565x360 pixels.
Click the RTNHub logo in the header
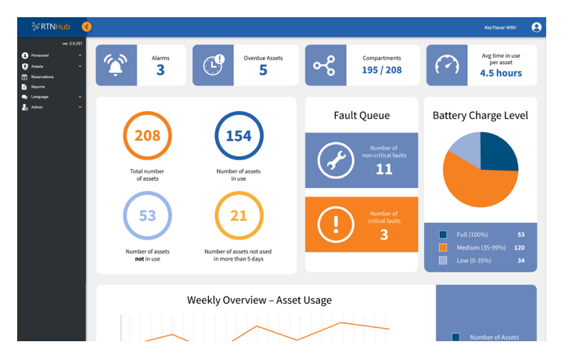52,27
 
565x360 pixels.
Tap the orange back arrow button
87,27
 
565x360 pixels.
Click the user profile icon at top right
536,27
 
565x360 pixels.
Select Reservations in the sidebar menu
42,77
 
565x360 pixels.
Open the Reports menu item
38,87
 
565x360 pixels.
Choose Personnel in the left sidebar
40,56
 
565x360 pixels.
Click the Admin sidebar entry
36,106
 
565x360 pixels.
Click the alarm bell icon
117,66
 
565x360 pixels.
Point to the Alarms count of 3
160,70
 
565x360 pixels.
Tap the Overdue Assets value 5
263,70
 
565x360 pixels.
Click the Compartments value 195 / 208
382,70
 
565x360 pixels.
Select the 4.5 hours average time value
501,73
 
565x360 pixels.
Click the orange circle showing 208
147,136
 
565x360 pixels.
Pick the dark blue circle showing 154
239,136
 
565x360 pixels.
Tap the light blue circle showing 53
147,215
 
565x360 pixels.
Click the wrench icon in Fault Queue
336,161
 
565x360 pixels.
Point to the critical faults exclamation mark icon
336,225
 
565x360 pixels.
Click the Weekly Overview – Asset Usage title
259,300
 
